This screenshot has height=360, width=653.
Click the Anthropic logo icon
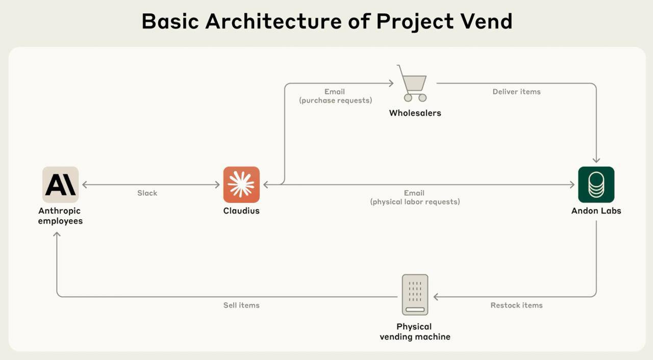[60, 185]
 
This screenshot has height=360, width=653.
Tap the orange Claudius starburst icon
[241, 185]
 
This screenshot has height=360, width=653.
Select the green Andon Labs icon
[596, 185]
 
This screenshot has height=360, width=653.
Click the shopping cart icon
[413, 83]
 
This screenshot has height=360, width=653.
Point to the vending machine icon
[415, 295]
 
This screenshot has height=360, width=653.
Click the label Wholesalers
[415, 113]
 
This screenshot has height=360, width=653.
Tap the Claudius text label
[241, 211]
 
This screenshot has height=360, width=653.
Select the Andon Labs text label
[596, 211]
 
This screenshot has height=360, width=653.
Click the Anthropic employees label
[60, 216]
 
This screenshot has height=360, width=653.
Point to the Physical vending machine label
[415, 331]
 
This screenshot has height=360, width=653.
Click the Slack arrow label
[147, 193]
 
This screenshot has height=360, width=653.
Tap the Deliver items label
[516, 92]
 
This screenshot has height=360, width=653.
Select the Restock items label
[516, 305]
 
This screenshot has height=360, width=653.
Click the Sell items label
[241, 305]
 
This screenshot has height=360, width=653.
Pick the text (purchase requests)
[335, 100]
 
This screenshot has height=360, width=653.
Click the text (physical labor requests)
[415, 202]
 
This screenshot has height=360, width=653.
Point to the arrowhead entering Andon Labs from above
[596, 160]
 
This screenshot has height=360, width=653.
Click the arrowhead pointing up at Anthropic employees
[57, 235]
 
